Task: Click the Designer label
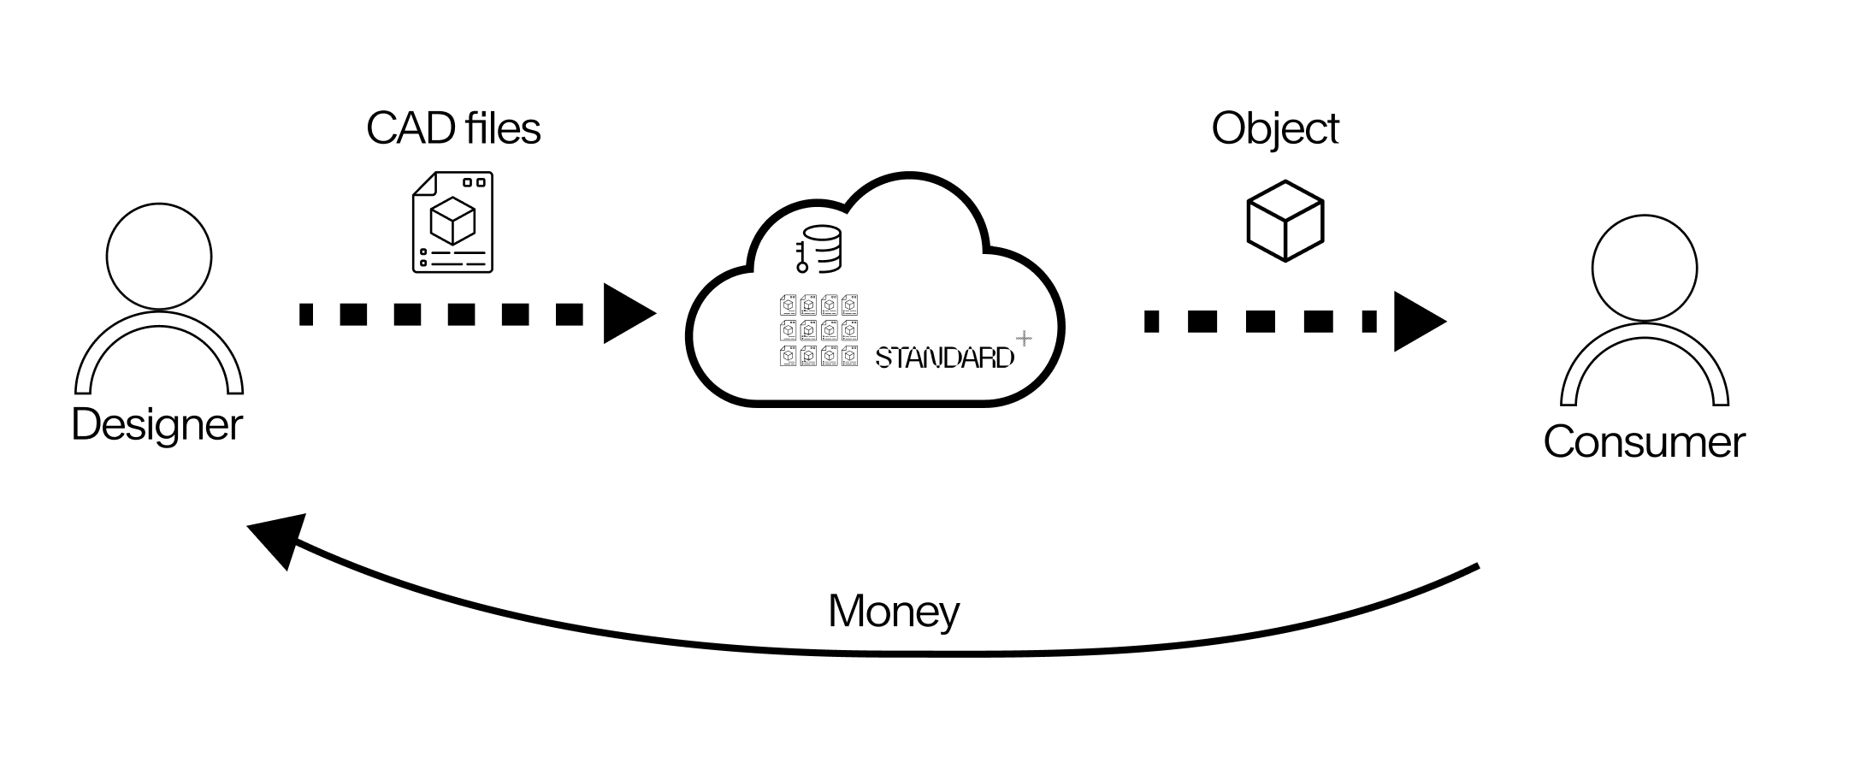(157, 424)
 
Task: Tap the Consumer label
(1644, 441)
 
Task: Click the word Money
(894, 611)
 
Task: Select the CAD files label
(453, 128)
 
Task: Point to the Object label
(1274, 128)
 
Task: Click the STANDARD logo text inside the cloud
(944, 358)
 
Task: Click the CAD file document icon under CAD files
(452, 222)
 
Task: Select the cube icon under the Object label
(1285, 221)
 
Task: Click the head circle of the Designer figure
(159, 256)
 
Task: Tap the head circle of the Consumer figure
(1645, 269)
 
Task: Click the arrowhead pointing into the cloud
(627, 314)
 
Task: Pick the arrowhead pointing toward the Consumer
(1417, 322)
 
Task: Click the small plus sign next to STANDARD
(1024, 339)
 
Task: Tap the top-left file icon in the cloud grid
(789, 305)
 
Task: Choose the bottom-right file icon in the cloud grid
(849, 356)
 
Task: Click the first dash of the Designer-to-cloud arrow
(306, 314)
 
